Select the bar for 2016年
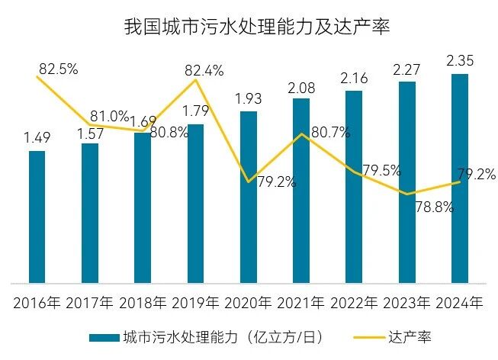pyautogui.click(x=37, y=217)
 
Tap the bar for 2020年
pyautogui.click(x=248, y=198)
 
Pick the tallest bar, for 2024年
pyautogui.click(x=459, y=179)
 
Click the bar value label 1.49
pyautogui.click(x=37, y=137)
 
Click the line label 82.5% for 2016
pyautogui.click(x=58, y=69)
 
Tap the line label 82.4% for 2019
pyautogui.click(x=204, y=71)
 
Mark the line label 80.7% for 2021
pyautogui.click(x=330, y=132)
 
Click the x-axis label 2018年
pyautogui.click(x=142, y=303)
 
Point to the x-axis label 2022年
pyautogui.click(x=353, y=303)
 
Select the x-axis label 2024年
pyautogui.click(x=459, y=303)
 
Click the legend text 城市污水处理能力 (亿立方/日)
pyautogui.click(x=215, y=336)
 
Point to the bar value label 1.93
pyautogui.click(x=248, y=98)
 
